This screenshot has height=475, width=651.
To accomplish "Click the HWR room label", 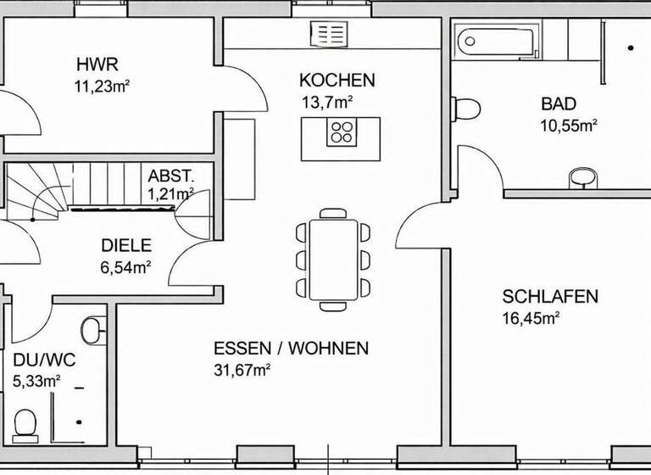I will tap(97, 64).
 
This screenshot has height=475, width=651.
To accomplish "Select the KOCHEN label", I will tap(337, 81).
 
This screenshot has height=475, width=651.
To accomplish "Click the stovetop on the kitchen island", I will tap(342, 132).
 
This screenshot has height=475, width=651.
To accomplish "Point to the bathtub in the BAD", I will tap(492, 40).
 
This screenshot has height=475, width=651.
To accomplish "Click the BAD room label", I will tap(559, 104).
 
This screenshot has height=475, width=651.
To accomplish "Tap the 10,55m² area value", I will tap(569, 125).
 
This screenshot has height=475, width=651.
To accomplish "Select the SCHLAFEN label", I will tap(550, 297).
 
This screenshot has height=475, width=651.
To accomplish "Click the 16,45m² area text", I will tap(531, 318).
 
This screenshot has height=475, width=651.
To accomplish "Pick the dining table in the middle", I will tap(333, 258).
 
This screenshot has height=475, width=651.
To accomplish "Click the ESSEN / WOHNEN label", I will tap(291, 348).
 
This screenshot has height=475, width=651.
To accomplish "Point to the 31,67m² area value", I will tap(242, 369).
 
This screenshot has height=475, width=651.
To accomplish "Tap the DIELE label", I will tap(126, 246).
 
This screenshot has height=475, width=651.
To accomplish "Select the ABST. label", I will tap(171, 176).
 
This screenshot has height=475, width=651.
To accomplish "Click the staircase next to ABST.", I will tap(76, 187).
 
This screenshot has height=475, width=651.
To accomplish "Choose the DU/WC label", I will tap(44, 360).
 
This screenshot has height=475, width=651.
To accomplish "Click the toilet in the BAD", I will tap(465, 109).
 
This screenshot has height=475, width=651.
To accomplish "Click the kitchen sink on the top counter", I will tap(329, 34).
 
